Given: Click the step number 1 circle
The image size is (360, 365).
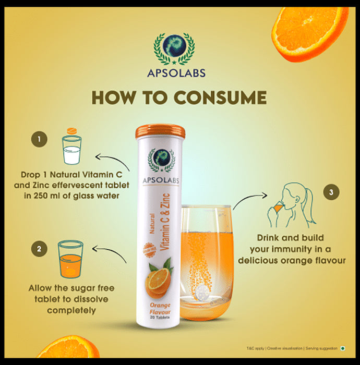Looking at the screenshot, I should [x=38, y=139].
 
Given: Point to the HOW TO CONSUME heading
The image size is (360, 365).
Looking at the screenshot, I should [x=179, y=98].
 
